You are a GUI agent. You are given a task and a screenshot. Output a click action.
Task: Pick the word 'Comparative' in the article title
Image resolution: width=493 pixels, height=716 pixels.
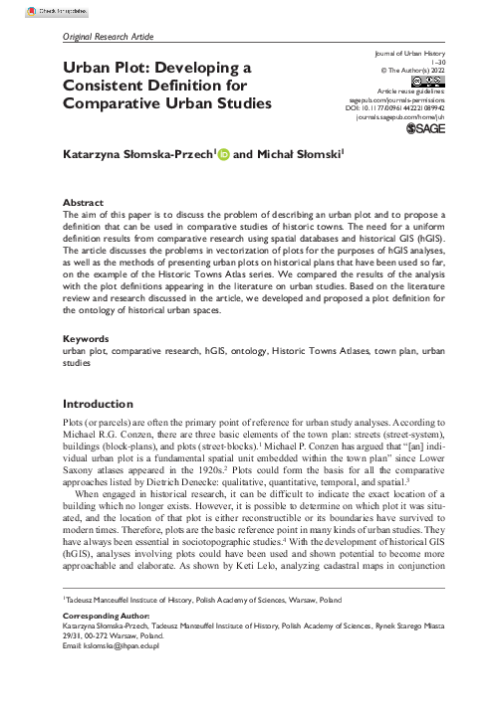click(112, 103)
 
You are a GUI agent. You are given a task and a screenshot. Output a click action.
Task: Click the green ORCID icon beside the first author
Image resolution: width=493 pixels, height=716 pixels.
click(223, 155)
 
